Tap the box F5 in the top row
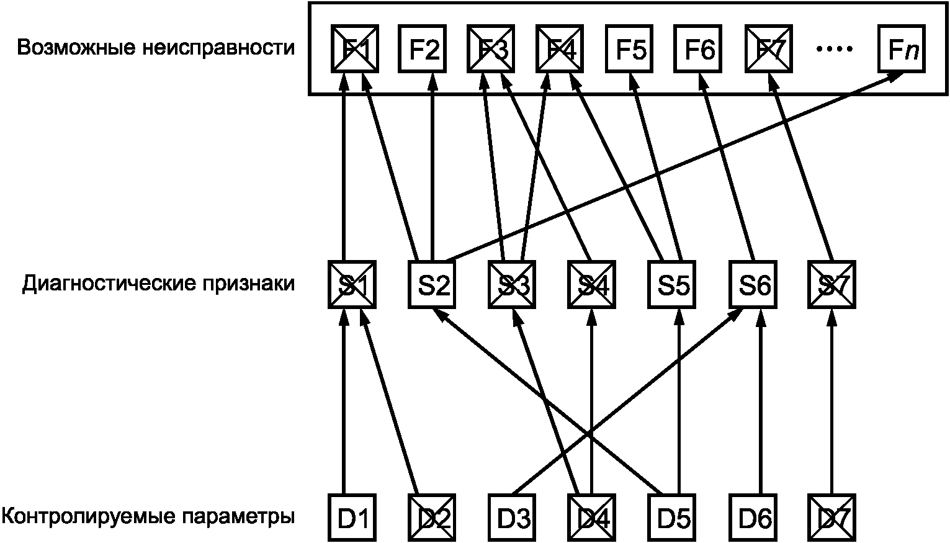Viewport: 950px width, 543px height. point(630,49)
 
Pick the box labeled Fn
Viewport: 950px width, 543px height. point(902,49)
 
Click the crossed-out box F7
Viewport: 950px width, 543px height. point(768,49)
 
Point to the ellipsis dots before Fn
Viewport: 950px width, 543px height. point(834,49)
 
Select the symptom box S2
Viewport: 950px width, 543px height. point(432,285)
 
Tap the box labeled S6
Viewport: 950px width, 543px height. point(753,285)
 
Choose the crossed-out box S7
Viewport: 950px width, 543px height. point(831,285)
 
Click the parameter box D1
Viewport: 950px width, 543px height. point(352,518)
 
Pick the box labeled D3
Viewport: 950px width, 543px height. point(512,518)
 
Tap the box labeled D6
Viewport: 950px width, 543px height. point(753,518)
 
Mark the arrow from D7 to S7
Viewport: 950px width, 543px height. point(831,403)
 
